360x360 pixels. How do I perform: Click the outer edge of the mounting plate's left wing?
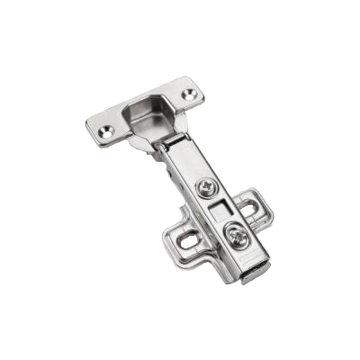tap(170, 238)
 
